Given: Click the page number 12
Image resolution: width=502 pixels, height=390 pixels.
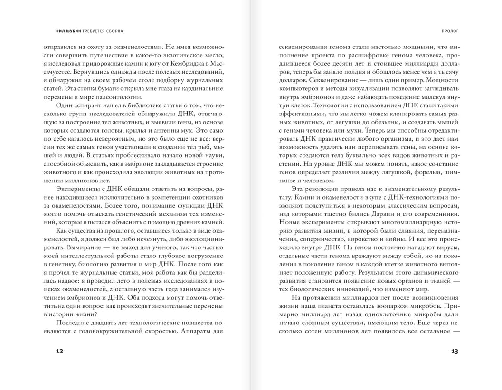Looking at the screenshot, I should click(x=59, y=352).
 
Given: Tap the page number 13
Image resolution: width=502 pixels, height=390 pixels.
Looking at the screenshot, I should click(x=454, y=352).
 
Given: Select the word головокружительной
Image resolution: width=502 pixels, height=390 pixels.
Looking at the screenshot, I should click(x=138, y=331).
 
